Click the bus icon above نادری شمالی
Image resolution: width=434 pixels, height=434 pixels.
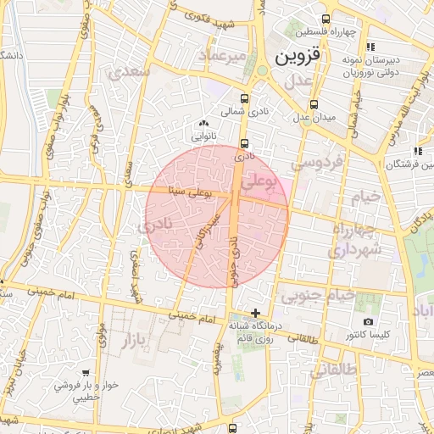pyautogui.click(x=245, y=98)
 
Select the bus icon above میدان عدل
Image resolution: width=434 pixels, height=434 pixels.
pyautogui.click(x=314, y=104)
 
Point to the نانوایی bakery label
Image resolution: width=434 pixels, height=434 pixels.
pyautogui.click(x=205, y=135)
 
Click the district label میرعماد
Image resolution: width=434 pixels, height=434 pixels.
pyautogui.click(x=222, y=55)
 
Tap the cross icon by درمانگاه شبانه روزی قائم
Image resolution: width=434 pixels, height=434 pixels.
pyautogui.click(x=255, y=314)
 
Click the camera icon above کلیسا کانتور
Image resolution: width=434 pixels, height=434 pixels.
pyautogui.click(x=368, y=321)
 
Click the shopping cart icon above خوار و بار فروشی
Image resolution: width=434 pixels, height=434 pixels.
pyautogui.click(x=86, y=371)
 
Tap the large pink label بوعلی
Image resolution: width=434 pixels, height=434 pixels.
pyautogui.click(x=259, y=181)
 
